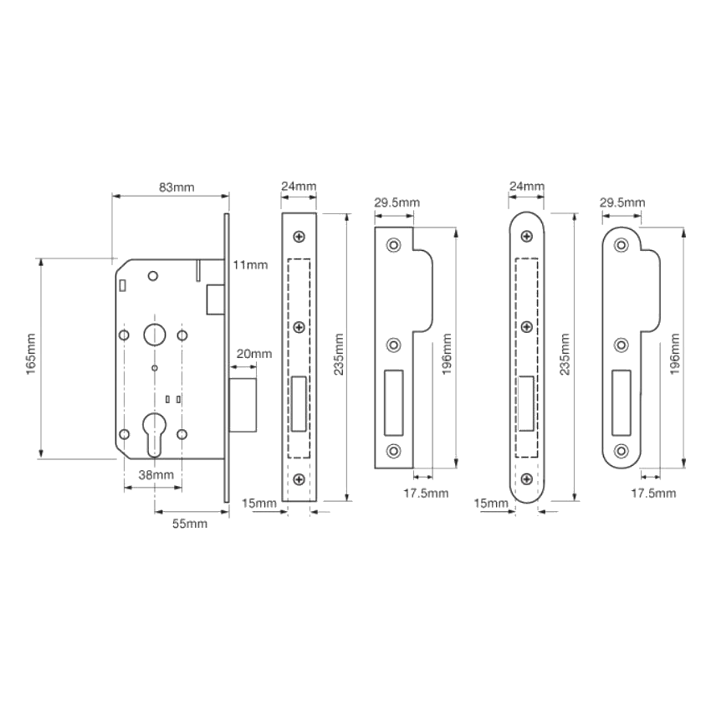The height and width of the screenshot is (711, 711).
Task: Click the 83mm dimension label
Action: [x=176, y=187]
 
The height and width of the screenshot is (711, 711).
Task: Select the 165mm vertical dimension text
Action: [x=30, y=354]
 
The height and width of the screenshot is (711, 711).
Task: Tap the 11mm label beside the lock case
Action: [x=250, y=264]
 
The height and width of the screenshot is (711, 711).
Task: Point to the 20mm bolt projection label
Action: [x=254, y=354]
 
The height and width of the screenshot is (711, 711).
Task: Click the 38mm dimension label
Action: [x=156, y=475]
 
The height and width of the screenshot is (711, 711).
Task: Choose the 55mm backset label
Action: [x=190, y=524]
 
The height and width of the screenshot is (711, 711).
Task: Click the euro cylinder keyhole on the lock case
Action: [x=154, y=433]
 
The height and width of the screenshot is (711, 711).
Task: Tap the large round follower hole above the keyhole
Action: [x=155, y=335]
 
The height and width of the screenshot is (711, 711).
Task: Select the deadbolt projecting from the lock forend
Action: [x=243, y=406]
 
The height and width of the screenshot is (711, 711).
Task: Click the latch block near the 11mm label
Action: [x=215, y=299]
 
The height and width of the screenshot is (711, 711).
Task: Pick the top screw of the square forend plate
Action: [x=299, y=236]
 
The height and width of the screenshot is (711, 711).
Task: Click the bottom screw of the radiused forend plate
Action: [x=526, y=478]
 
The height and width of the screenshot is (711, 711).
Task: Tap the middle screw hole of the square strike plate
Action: [x=393, y=345]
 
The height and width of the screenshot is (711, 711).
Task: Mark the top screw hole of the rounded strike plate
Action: [x=621, y=245]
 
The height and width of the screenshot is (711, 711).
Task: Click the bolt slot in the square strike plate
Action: [x=394, y=403]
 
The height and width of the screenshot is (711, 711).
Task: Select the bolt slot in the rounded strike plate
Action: [x=621, y=403]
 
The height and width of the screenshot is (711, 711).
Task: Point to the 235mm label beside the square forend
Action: [x=339, y=354]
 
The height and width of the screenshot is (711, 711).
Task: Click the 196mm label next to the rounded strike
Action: [x=675, y=354]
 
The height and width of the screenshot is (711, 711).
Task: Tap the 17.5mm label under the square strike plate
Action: [x=427, y=494]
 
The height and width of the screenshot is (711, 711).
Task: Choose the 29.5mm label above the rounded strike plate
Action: [x=622, y=202]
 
